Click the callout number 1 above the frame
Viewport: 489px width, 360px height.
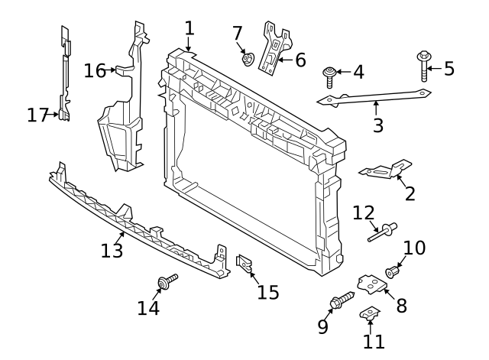(189, 28)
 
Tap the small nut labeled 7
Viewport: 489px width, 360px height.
(247, 58)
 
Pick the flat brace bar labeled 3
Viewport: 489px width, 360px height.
(374, 97)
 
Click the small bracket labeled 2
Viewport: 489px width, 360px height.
(385, 170)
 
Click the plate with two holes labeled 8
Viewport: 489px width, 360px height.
(370, 285)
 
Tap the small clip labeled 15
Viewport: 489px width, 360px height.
(245, 265)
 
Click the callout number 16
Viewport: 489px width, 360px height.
(95, 70)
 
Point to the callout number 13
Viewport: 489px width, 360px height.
(112, 251)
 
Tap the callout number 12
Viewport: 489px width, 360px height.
(364, 211)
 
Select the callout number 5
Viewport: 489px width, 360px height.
(449, 69)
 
